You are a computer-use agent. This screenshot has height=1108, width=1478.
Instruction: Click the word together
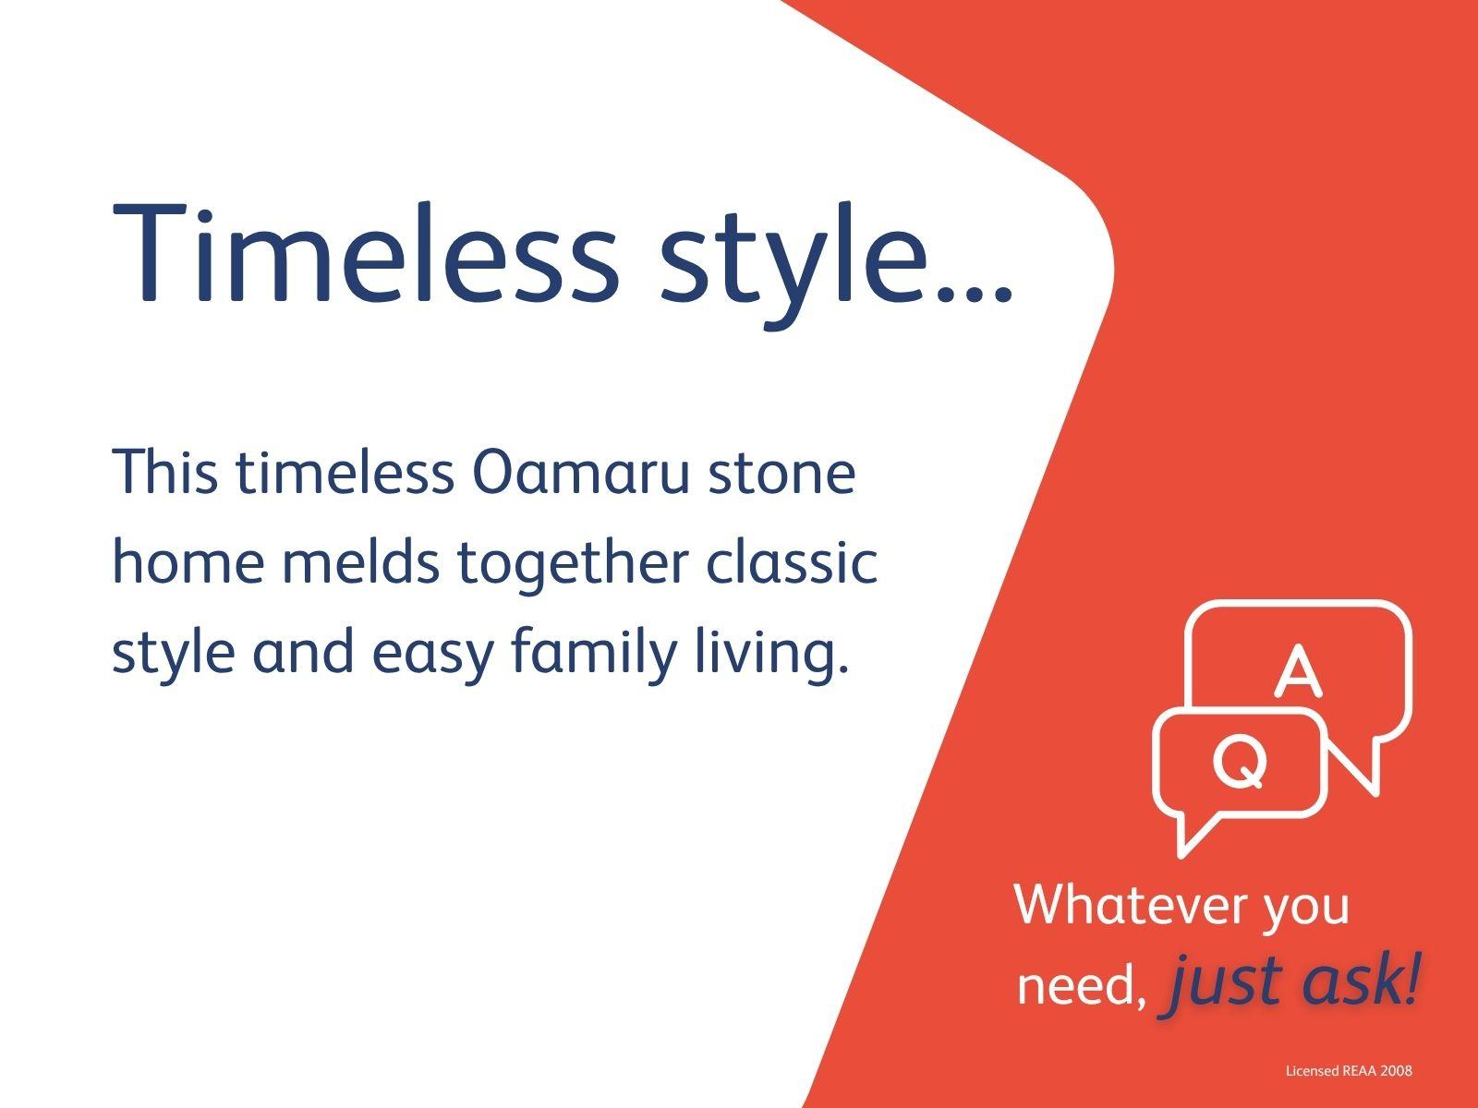coord(573,564)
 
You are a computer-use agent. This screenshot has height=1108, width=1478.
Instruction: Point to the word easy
coord(433,656)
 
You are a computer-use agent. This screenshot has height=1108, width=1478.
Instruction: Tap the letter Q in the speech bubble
coord(1240,762)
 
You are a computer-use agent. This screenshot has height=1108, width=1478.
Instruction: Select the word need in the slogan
coord(1079,985)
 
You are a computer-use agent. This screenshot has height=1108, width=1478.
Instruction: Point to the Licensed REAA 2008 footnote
coord(1349,1071)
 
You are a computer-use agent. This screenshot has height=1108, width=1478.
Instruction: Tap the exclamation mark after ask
coord(1409,978)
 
